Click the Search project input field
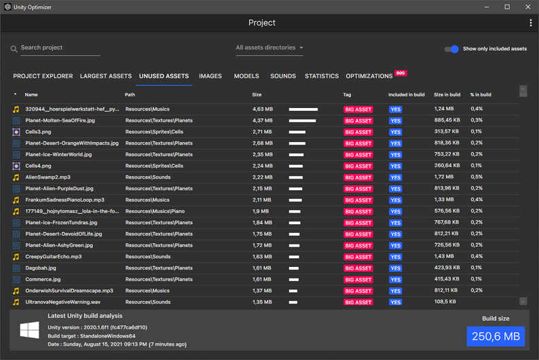click(x=60, y=48)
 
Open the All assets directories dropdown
click(x=269, y=48)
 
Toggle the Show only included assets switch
click(x=451, y=49)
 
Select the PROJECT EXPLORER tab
click(x=43, y=76)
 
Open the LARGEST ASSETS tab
click(x=106, y=76)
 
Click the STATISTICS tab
click(x=322, y=76)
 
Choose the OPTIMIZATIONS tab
click(x=369, y=76)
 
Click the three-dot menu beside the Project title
click(x=530, y=23)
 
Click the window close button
click(x=527, y=7)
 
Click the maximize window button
click(x=507, y=7)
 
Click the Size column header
click(x=257, y=95)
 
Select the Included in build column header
click(x=407, y=95)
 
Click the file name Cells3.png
click(x=38, y=132)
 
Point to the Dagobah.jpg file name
click(x=41, y=268)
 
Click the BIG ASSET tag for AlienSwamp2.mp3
click(x=358, y=177)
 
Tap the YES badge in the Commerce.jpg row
click(x=395, y=279)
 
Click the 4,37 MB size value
click(x=262, y=120)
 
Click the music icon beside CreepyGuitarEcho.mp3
click(x=16, y=257)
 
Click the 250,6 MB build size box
click(x=496, y=336)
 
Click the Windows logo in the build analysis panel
click(x=29, y=331)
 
